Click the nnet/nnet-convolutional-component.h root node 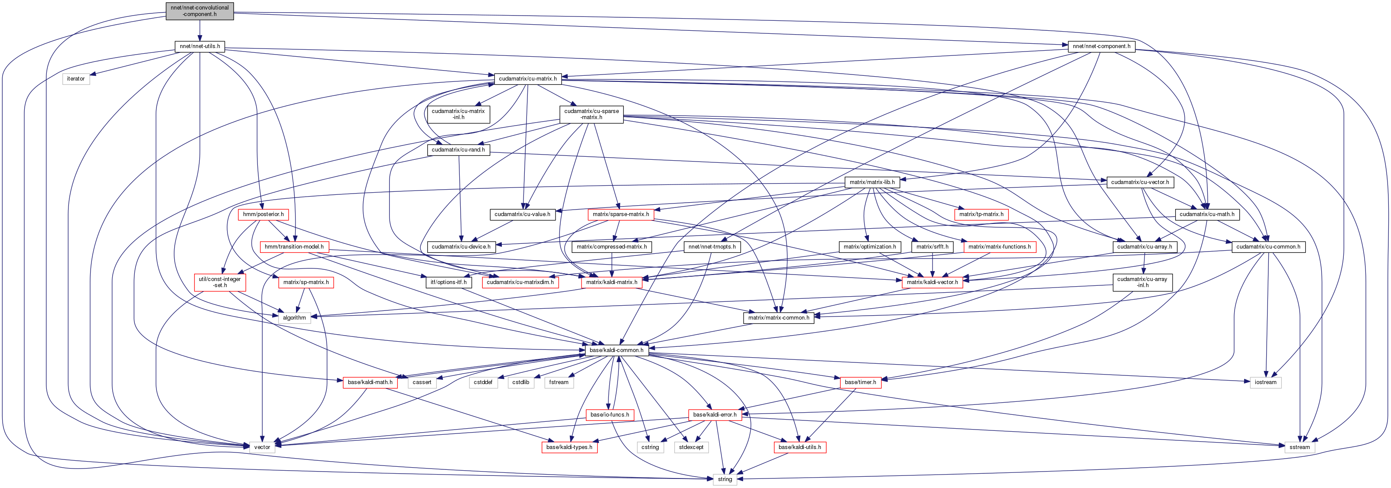(200, 11)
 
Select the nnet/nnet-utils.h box (200, 46)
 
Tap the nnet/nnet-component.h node (1102, 46)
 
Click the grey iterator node (75, 79)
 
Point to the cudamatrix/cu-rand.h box (458, 149)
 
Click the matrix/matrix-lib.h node (872, 182)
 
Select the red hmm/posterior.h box (263, 214)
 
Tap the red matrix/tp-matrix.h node (981, 214)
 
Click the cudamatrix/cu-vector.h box (1140, 182)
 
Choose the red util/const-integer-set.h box (220, 282)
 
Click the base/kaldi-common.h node (617, 350)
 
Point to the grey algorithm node (294, 317)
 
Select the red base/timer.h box (860, 382)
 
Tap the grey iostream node (1265, 382)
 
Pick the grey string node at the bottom (725, 479)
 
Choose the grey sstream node (1299, 447)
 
